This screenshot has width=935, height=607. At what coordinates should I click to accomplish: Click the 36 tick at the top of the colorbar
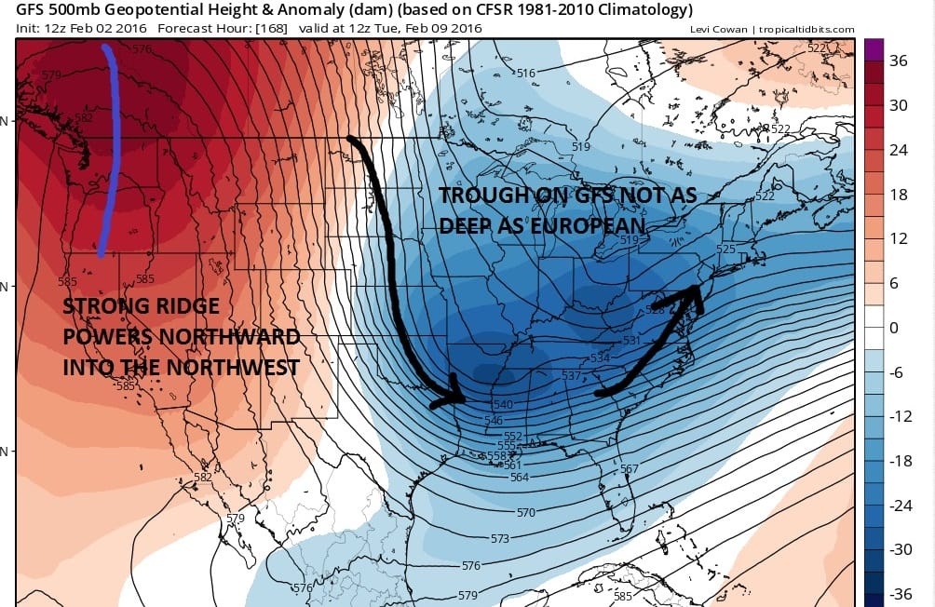(899, 61)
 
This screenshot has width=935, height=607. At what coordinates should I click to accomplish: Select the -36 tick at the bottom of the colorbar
(899, 593)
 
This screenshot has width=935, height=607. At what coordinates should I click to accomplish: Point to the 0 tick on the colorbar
(894, 328)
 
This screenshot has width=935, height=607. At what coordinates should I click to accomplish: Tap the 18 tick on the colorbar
(899, 195)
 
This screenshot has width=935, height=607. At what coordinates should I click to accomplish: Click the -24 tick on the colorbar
(899, 505)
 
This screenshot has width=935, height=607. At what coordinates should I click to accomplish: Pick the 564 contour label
(520, 478)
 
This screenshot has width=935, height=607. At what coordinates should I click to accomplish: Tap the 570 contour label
(526, 513)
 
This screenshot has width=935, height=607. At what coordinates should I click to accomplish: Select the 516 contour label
(527, 74)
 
